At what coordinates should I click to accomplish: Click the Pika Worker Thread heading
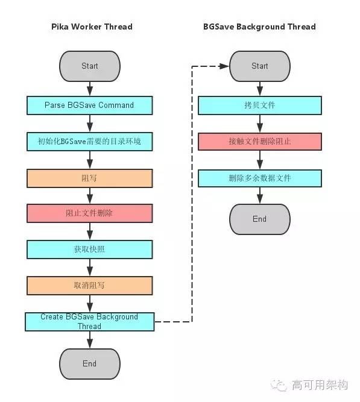(x=89, y=27)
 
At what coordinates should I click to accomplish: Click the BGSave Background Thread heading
(x=259, y=27)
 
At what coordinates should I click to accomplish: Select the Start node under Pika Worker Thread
(x=89, y=66)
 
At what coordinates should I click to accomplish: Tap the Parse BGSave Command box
(x=89, y=105)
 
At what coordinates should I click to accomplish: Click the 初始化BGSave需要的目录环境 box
(x=89, y=141)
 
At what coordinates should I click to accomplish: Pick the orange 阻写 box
(x=89, y=178)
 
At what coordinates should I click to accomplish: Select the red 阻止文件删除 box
(x=89, y=213)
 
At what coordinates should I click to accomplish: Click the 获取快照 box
(x=89, y=249)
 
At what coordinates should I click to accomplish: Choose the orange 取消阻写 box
(x=89, y=285)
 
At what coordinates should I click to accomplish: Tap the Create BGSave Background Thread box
(x=89, y=321)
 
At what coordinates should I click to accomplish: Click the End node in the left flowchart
(x=89, y=363)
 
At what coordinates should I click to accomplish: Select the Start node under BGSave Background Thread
(x=259, y=66)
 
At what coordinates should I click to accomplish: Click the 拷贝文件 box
(x=259, y=105)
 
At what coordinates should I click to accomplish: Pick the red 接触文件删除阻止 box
(x=259, y=141)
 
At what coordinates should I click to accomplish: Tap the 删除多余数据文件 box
(x=259, y=178)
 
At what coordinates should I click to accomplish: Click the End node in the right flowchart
(x=259, y=219)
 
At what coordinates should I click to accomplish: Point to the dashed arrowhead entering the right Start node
(x=225, y=66)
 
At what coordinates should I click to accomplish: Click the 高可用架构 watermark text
(x=320, y=385)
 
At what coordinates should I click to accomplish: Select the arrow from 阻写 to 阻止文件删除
(x=89, y=195)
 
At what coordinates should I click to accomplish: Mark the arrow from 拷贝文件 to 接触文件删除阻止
(x=259, y=123)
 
